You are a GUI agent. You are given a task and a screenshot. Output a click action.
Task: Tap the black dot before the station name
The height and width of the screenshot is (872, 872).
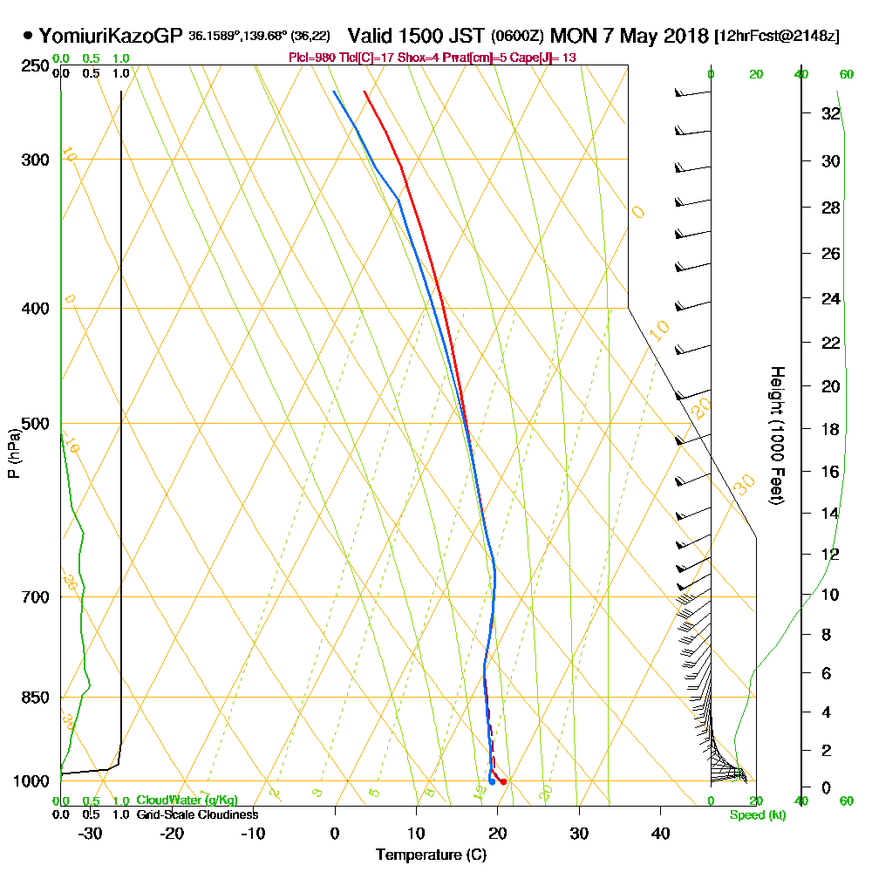(x=29, y=37)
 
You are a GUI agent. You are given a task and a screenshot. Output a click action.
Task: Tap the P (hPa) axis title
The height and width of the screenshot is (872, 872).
(x=13, y=453)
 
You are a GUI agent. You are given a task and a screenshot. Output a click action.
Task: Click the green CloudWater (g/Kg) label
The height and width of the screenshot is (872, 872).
(x=187, y=800)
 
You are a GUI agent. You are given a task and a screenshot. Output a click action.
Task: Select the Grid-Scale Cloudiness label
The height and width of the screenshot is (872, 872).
(x=197, y=814)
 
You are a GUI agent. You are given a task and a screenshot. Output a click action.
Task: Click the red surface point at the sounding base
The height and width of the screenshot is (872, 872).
(x=503, y=781)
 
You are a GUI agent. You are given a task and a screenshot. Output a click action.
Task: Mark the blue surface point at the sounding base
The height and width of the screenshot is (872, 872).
(x=492, y=781)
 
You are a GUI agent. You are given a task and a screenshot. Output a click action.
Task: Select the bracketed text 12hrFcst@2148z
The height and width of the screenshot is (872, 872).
(x=777, y=37)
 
